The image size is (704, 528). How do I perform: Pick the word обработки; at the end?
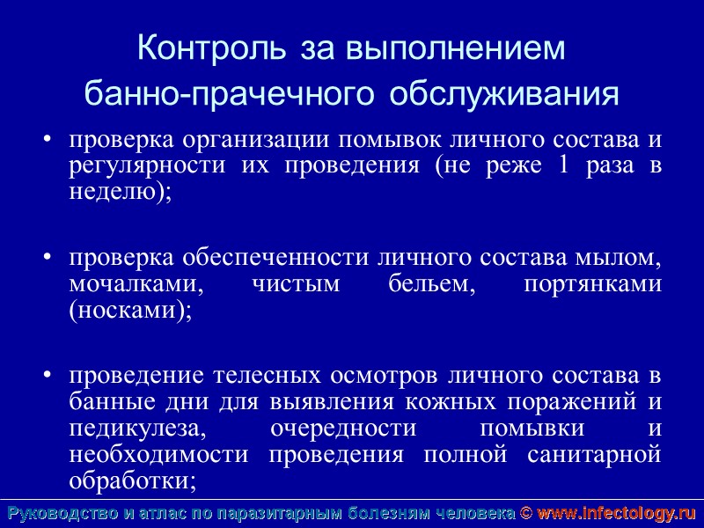(x=132, y=481)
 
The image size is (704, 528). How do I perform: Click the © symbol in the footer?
(x=525, y=513)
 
